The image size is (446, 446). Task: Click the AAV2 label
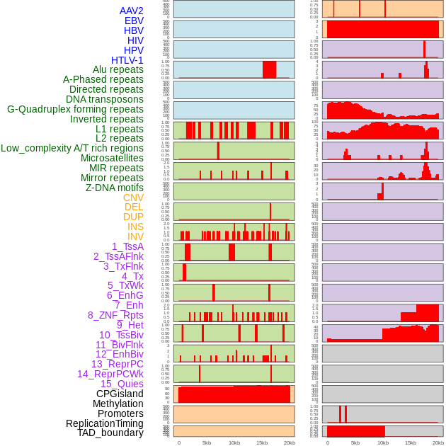pyautogui.click(x=131, y=11)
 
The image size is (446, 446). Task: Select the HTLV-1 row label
pyautogui.click(x=127, y=60)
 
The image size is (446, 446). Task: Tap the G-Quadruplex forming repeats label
pyautogui.click(x=75, y=109)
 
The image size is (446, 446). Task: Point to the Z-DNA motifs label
pyautogui.click(x=114, y=188)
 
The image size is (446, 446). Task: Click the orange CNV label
pyautogui.click(x=133, y=198)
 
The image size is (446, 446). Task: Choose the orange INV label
pyautogui.click(x=135, y=236)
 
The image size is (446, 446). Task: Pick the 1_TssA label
pyautogui.click(x=127, y=246)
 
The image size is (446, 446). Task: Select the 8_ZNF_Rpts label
pyautogui.click(x=115, y=315)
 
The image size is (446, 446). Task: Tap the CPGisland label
pyautogui.click(x=120, y=394)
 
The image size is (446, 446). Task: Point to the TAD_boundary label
pyautogui.click(x=110, y=433)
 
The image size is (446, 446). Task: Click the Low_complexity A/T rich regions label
pyautogui.click(x=72, y=148)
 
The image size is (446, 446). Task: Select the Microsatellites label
pyautogui.click(x=112, y=158)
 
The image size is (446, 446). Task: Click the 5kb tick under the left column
pyautogui.click(x=207, y=442)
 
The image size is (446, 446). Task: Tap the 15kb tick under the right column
pyautogui.click(x=411, y=442)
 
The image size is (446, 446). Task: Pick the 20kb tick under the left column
pyautogui.click(x=289, y=442)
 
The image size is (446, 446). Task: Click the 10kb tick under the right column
pyautogui.click(x=383, y=442)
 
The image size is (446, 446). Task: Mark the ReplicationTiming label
pyautogui.click(x=104, y=423)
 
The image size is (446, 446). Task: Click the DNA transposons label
pyautogui.click(x=105, y=99)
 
